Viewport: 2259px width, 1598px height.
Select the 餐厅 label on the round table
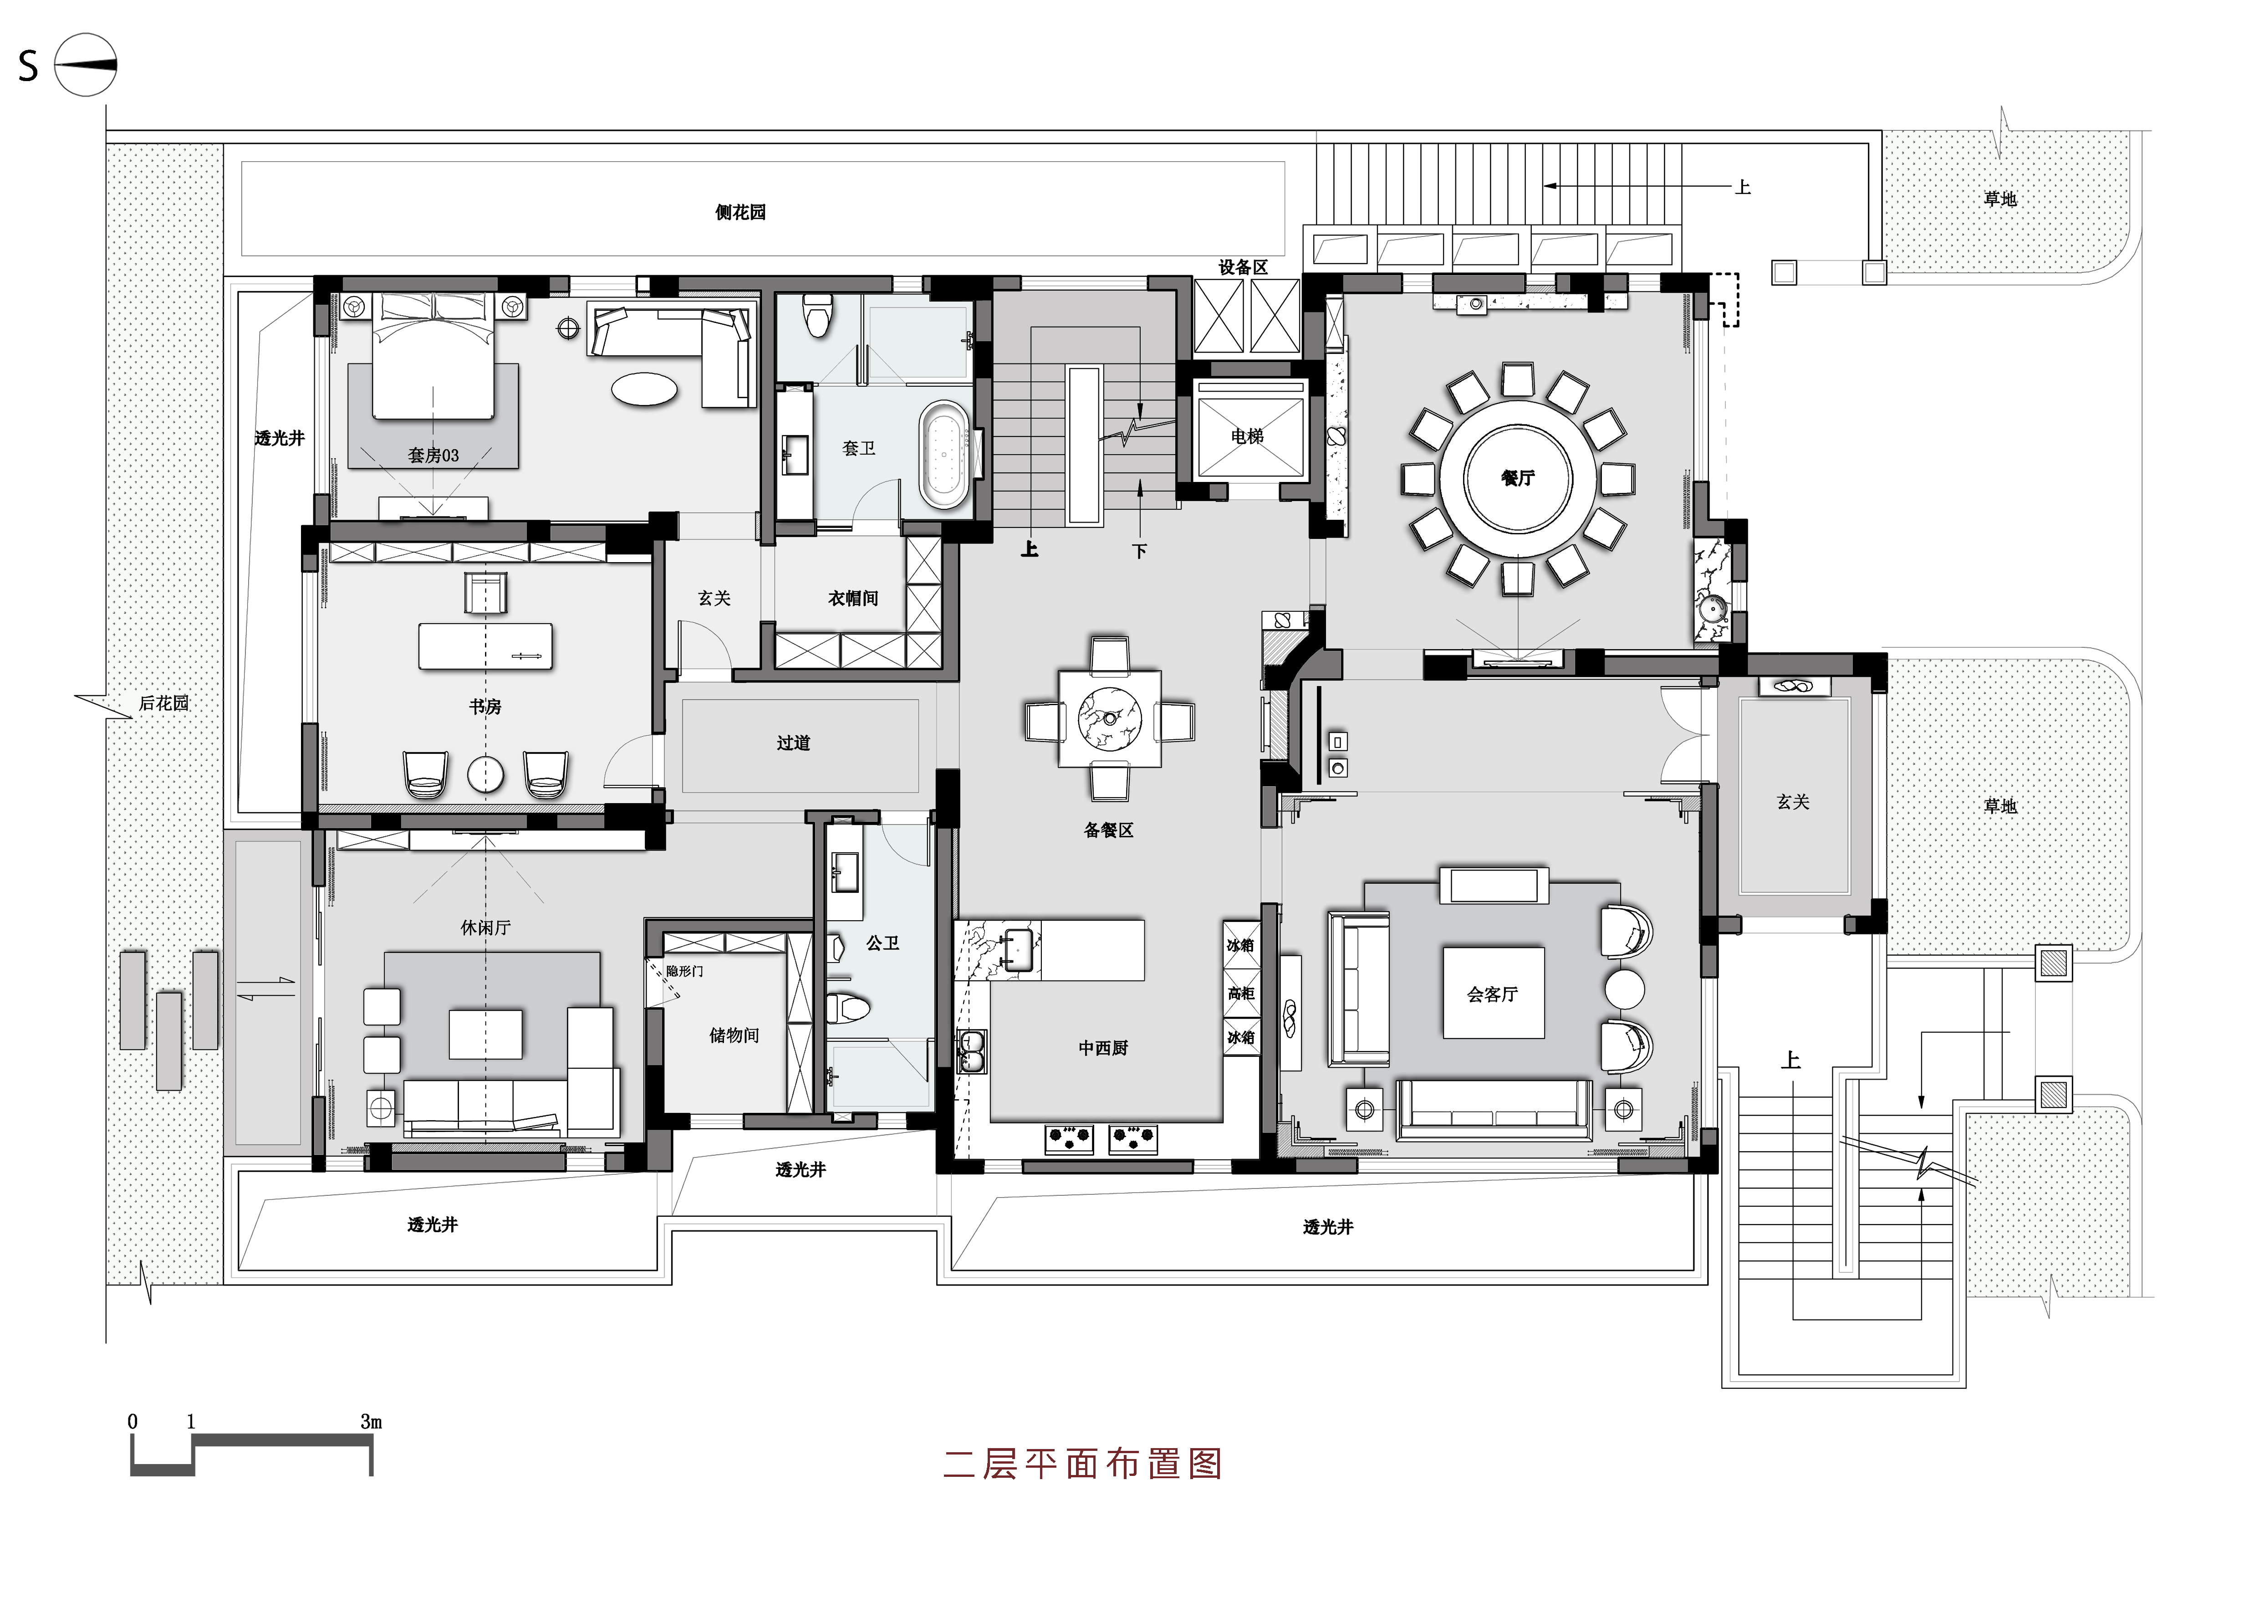(x=1517, y=478)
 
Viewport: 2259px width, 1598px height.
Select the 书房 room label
(x=485, y=707)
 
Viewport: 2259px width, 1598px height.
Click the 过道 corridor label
(x=793, y=743)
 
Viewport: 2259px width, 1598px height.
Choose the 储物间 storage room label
(x=734, y=1035)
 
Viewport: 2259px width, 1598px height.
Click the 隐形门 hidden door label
(x=684, y=971)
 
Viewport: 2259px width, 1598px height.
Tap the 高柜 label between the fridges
(x=1241, y=994)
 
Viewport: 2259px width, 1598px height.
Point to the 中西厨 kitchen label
(x=1103, y=1048)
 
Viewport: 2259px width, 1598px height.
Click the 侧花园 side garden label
(x=740, y=211)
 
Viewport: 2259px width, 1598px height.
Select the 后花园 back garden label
(x=163, y=703)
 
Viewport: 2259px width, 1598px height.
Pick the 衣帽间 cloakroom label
(x=853, y=598)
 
